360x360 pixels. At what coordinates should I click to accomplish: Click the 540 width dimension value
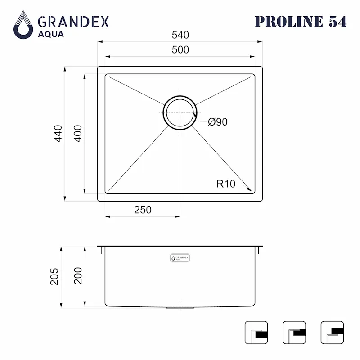pos(180,35)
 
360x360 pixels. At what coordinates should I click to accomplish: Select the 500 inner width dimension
pos(180,50)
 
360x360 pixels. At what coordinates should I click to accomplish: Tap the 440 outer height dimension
pos(58,134)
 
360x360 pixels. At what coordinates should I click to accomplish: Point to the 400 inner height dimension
pos(77,134)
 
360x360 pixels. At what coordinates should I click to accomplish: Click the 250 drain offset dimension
pos(142,210)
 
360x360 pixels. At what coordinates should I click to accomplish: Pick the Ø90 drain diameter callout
pos(217,122)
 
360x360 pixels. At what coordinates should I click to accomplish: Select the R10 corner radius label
pos(226,184)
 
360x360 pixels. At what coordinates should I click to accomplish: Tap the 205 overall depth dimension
pos(54,276)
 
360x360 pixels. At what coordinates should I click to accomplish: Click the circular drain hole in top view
pos(180,112)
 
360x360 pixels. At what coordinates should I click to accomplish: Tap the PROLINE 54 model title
pos(301,22)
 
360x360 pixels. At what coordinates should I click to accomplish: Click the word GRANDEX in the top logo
pos(73,22)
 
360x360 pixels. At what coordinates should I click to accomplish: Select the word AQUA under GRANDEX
pos(50,34)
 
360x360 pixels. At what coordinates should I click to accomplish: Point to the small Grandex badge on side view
pos(180,258)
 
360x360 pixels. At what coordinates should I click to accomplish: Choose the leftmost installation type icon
pos(256,332)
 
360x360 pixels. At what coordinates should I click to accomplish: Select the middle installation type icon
pos(294,332)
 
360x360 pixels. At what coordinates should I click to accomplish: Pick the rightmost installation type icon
pos(332,332)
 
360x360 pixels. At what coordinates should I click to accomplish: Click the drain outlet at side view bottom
pos(180,308)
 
